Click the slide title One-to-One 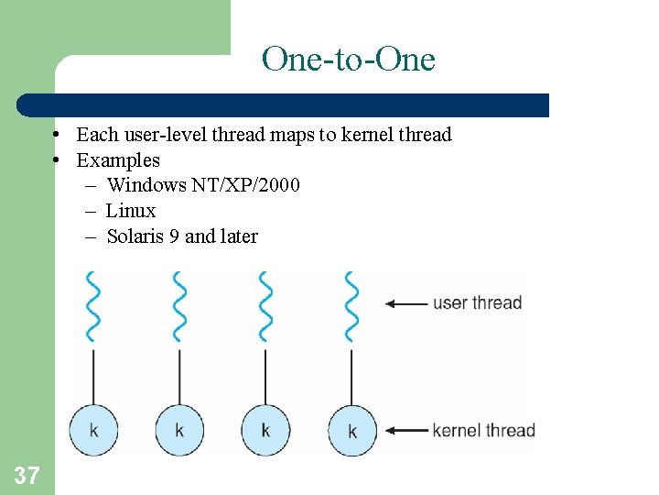(348, 60)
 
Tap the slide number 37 (27, 475)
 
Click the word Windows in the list (146, 185)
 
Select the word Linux (131, 211)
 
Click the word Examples (117, 160)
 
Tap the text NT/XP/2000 (245, 185)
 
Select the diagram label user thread (477, 302)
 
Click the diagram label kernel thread (483, 430)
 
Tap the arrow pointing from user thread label (406, 303)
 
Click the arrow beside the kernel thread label (406, 430)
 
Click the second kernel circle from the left (179, 429)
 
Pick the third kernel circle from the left (265, 429)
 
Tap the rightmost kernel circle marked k (352, 429)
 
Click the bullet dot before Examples (57, 160)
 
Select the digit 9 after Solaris (174, 236)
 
